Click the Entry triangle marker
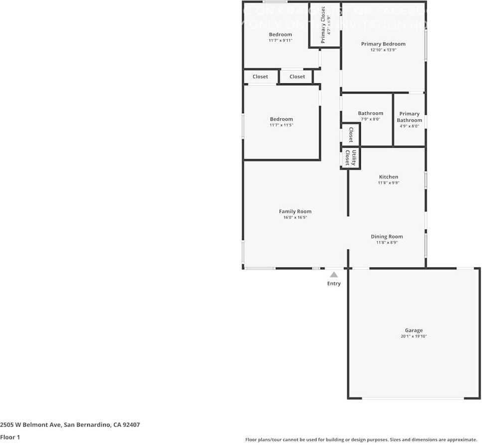pos(334,274)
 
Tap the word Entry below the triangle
pos(334,284)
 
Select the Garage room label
pos(413,330)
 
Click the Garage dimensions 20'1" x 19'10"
pos(413,337)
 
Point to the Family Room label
pos(295,212)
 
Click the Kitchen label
pos(388,177)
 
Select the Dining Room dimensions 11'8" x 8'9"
pos(387,243)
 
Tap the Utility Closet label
pos(351,158)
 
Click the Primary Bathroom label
pos(409,117)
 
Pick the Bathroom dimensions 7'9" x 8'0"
pos(370,119)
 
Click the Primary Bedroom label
pos(383,44)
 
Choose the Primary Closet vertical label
pos(323,25)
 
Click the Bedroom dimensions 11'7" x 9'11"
pos(280,40)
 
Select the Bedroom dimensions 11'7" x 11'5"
pos(281,125)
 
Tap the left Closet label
pos(260,76)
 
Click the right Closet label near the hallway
pos(297,76)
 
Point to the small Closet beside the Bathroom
pos(350,134)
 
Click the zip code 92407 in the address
pos(132,425)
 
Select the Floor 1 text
pos(10,438)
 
